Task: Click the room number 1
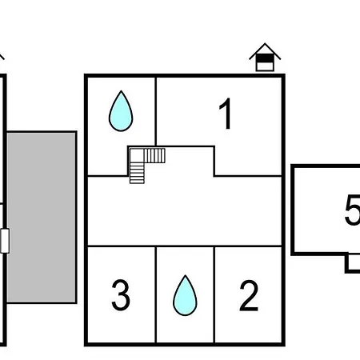click(x=226, y=114)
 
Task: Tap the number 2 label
click(x=249, y=295)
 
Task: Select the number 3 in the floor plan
click(x=121, y=295)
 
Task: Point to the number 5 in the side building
click(x=352, y=210)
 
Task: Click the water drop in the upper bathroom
click(x=121, y=111)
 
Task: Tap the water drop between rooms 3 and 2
click(x=185, y=296)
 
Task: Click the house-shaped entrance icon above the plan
click(x=265, y=57)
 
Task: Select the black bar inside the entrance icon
click(x=265, y=58)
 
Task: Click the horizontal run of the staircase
click(x=154, y=156)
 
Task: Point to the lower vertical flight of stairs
click(x=137, y=174)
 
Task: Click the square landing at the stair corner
click(x=137, y=156)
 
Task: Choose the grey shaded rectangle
click(x=42, y=218)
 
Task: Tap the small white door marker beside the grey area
click(x=5, y=241)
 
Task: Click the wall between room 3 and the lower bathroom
click(x=156, y=294)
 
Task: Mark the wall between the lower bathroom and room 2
click(x=214, y=294)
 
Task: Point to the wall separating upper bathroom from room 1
click(x=156, y=112)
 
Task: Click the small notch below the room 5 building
click(x=353, y=263)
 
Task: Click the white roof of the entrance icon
click(x=265, y=50)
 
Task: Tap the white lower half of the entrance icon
click(x=265, y=66)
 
